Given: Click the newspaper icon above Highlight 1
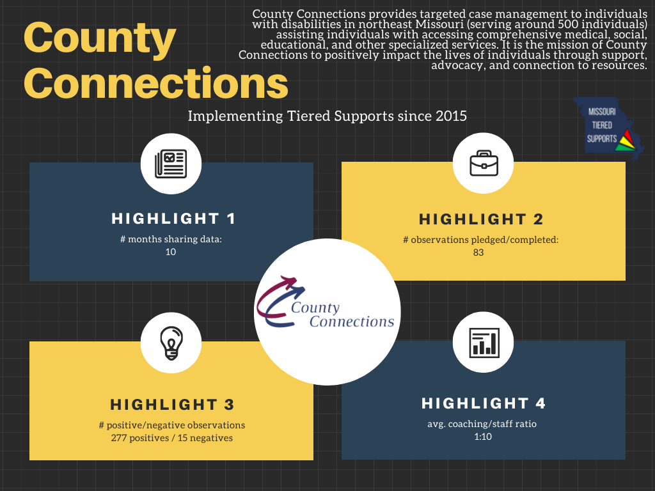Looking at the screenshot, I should (171, 164).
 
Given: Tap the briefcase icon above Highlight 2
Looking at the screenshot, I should (484, 164).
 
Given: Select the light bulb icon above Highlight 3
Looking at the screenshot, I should (171, 342).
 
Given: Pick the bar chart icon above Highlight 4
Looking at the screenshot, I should (484, 342).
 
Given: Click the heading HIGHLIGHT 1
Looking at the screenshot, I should (173, 219).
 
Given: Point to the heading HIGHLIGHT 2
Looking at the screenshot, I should (481, 219).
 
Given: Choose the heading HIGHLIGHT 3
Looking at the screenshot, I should (172, 405).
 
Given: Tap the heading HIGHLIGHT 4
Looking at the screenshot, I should (484, 403).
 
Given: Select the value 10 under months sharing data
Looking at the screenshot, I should (170, 252).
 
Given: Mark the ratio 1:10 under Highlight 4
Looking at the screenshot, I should (483, 437).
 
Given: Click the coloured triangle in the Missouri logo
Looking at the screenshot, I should (626, 139).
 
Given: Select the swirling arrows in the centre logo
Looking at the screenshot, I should (279, 300).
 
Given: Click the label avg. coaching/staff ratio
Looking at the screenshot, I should (483, 425).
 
